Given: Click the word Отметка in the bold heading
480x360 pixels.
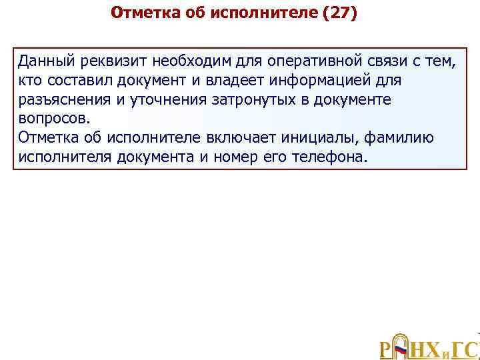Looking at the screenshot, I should coord(139,13).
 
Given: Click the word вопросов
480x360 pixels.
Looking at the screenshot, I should coord(53,119).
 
